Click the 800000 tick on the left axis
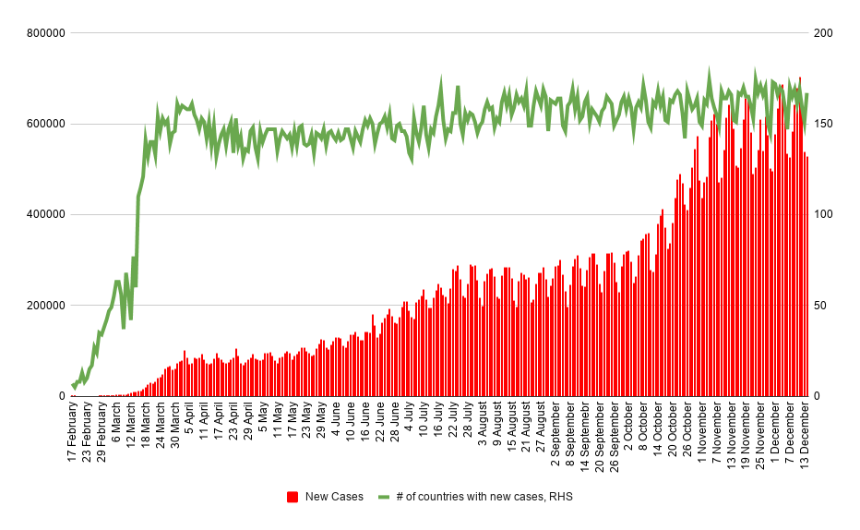[46, 33]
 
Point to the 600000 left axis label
[46, 124]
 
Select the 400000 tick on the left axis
[46, 215]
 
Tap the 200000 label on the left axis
[46, 306]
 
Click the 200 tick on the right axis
[822, 33]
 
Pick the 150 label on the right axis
[822, 124]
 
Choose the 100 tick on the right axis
[822, 215]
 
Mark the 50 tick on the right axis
[819, 306]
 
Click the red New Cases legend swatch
[293, 497]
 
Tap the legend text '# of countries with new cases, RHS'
[484, 497]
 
